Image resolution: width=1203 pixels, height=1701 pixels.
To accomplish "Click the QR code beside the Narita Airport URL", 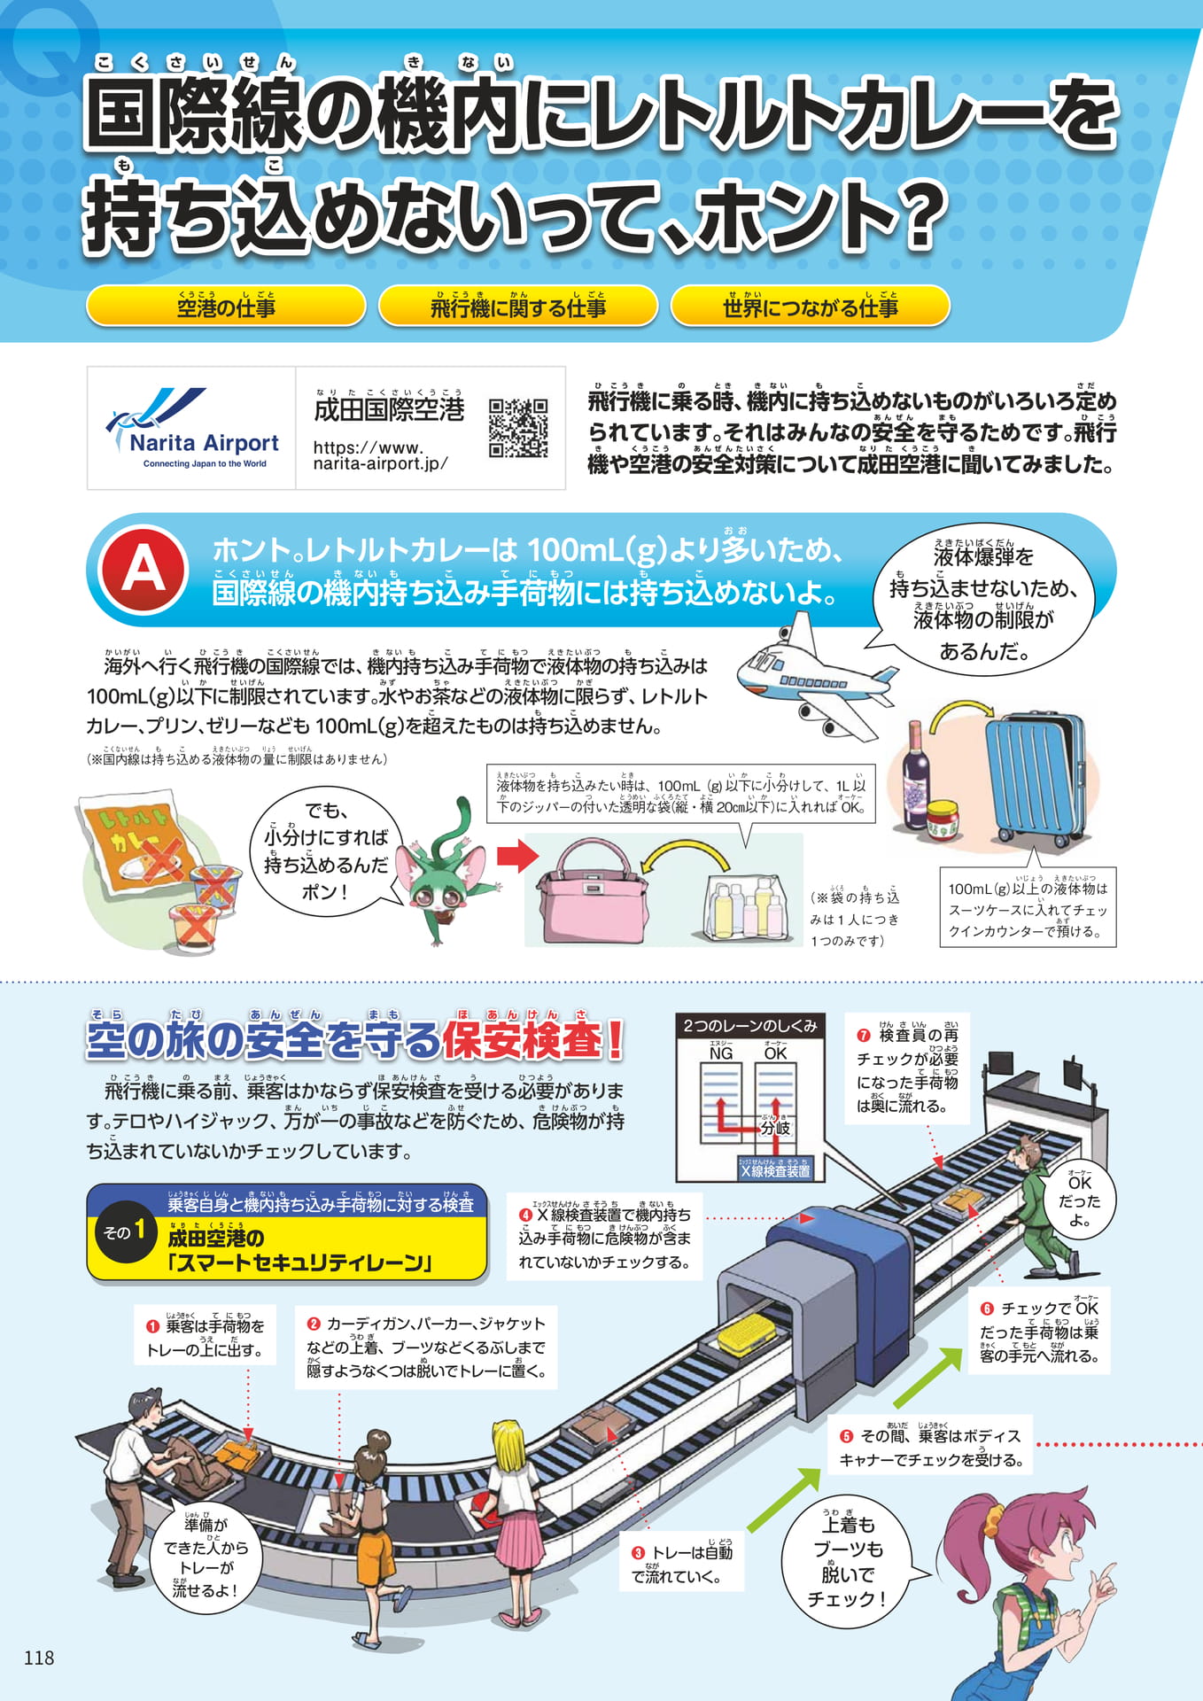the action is point(518,428).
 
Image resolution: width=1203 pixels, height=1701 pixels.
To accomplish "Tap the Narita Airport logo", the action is point(191,429).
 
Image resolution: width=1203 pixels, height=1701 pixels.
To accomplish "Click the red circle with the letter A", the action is point(144,569).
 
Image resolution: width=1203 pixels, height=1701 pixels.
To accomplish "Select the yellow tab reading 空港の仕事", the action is point(226,306).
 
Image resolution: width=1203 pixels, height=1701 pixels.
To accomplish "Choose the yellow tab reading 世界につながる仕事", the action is point(810,306).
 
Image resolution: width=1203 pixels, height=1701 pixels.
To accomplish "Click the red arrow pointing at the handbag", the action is point(516,856).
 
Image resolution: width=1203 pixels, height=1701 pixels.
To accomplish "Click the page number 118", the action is point(39,1658).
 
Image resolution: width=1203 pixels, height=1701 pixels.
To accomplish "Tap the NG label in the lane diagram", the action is point(721,1053).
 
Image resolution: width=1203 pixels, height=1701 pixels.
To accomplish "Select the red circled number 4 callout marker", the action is point(525,1215).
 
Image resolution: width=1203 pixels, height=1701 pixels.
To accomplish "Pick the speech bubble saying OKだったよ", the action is point(1079,1200).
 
